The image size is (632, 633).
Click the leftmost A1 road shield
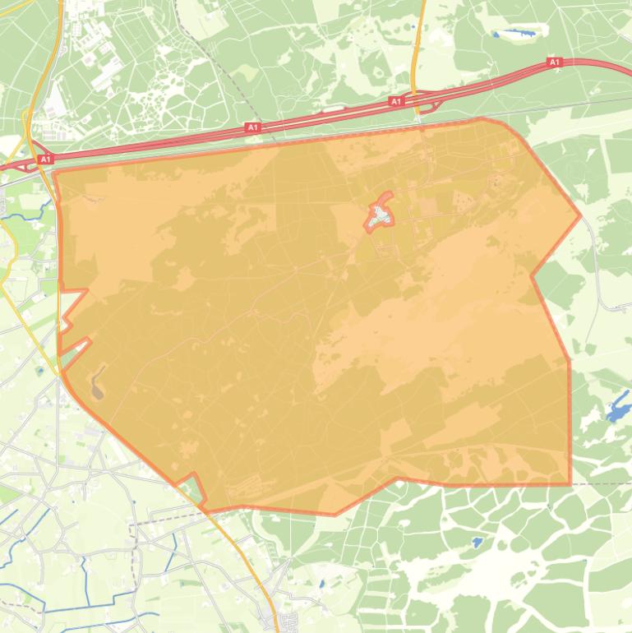[45, 159]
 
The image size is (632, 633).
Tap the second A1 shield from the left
[252, 127]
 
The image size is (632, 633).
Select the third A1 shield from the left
[396, 101]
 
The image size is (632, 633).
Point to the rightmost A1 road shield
[554, 62]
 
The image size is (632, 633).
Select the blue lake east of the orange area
[618, 408]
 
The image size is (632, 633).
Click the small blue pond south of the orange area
[477, 543]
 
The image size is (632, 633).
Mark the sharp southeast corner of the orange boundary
[570, 483]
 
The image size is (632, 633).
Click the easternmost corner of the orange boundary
[580, 216]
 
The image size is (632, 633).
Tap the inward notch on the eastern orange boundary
[533, 275]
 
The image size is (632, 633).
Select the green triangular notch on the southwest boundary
[192, 490]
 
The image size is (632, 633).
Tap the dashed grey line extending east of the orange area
[604, 483]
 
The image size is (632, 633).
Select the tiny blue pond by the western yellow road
[39, 371]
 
